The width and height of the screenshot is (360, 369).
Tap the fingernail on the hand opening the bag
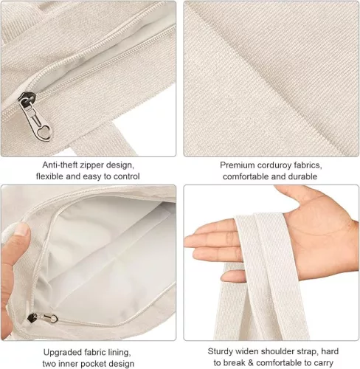(22, 230)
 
